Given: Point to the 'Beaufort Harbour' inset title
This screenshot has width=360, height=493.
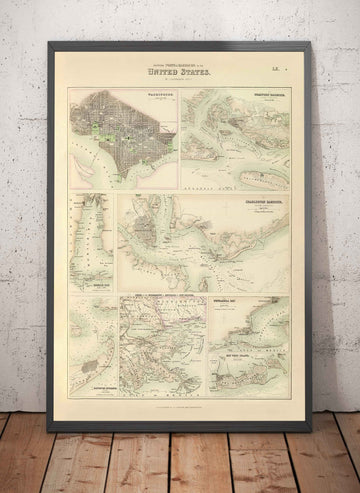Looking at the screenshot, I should click(x=265, y=96).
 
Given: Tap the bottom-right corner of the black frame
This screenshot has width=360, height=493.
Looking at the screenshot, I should click(x=310, y=429).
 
